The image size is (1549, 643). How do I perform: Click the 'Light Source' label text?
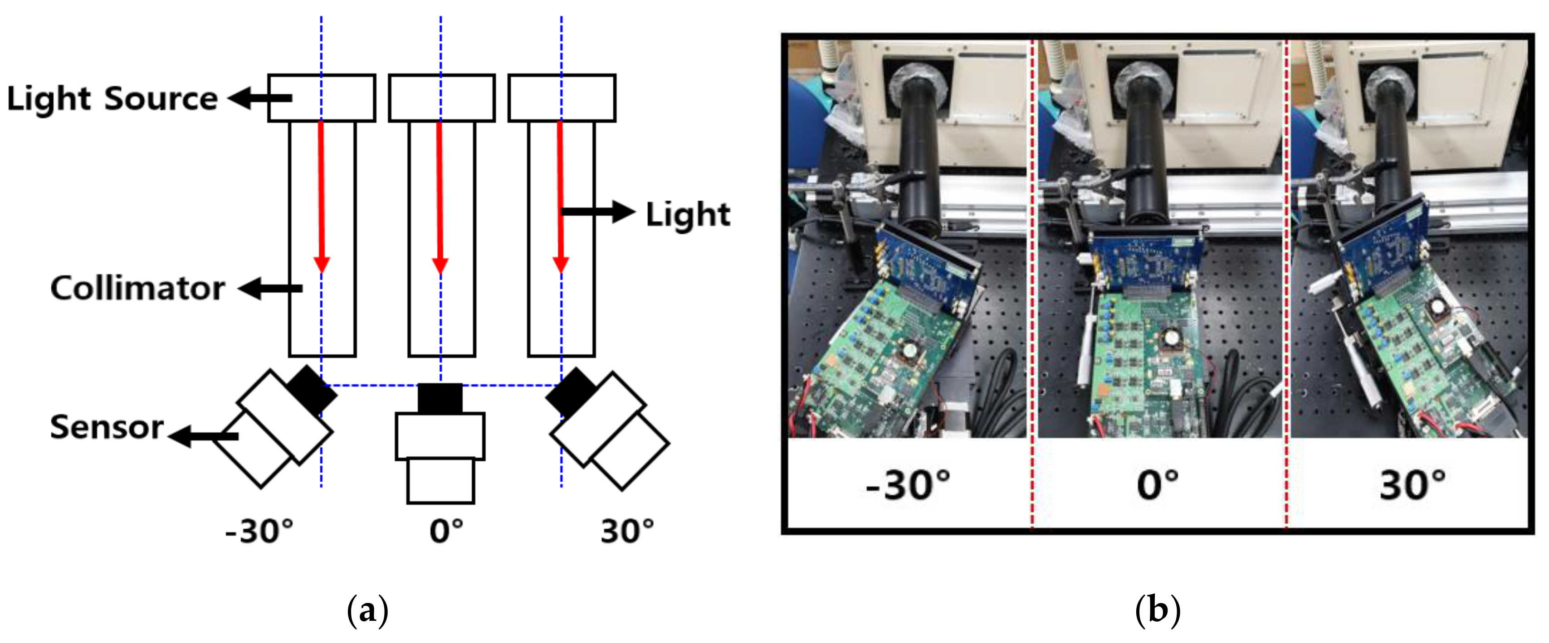coord(112,98)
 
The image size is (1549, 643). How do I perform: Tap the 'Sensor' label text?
coord(107,427)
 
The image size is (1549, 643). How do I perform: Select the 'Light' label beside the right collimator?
coord(688,214)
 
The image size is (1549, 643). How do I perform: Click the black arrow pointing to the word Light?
coord(598,212)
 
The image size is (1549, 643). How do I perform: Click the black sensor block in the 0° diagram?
coord(440,398)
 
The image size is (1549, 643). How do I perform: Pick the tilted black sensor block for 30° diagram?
coord(571,392)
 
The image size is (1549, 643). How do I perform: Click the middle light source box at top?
coord(441,98)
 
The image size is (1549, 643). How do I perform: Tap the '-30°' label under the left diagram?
coord(259,531)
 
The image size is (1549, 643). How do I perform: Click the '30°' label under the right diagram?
coord(626,531)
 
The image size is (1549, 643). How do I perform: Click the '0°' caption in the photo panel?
coord(1158,484)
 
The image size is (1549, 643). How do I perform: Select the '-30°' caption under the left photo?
coord(908,484)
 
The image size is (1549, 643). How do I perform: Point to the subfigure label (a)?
coord(368,610)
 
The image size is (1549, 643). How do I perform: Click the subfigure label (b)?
coord(1158,610)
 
